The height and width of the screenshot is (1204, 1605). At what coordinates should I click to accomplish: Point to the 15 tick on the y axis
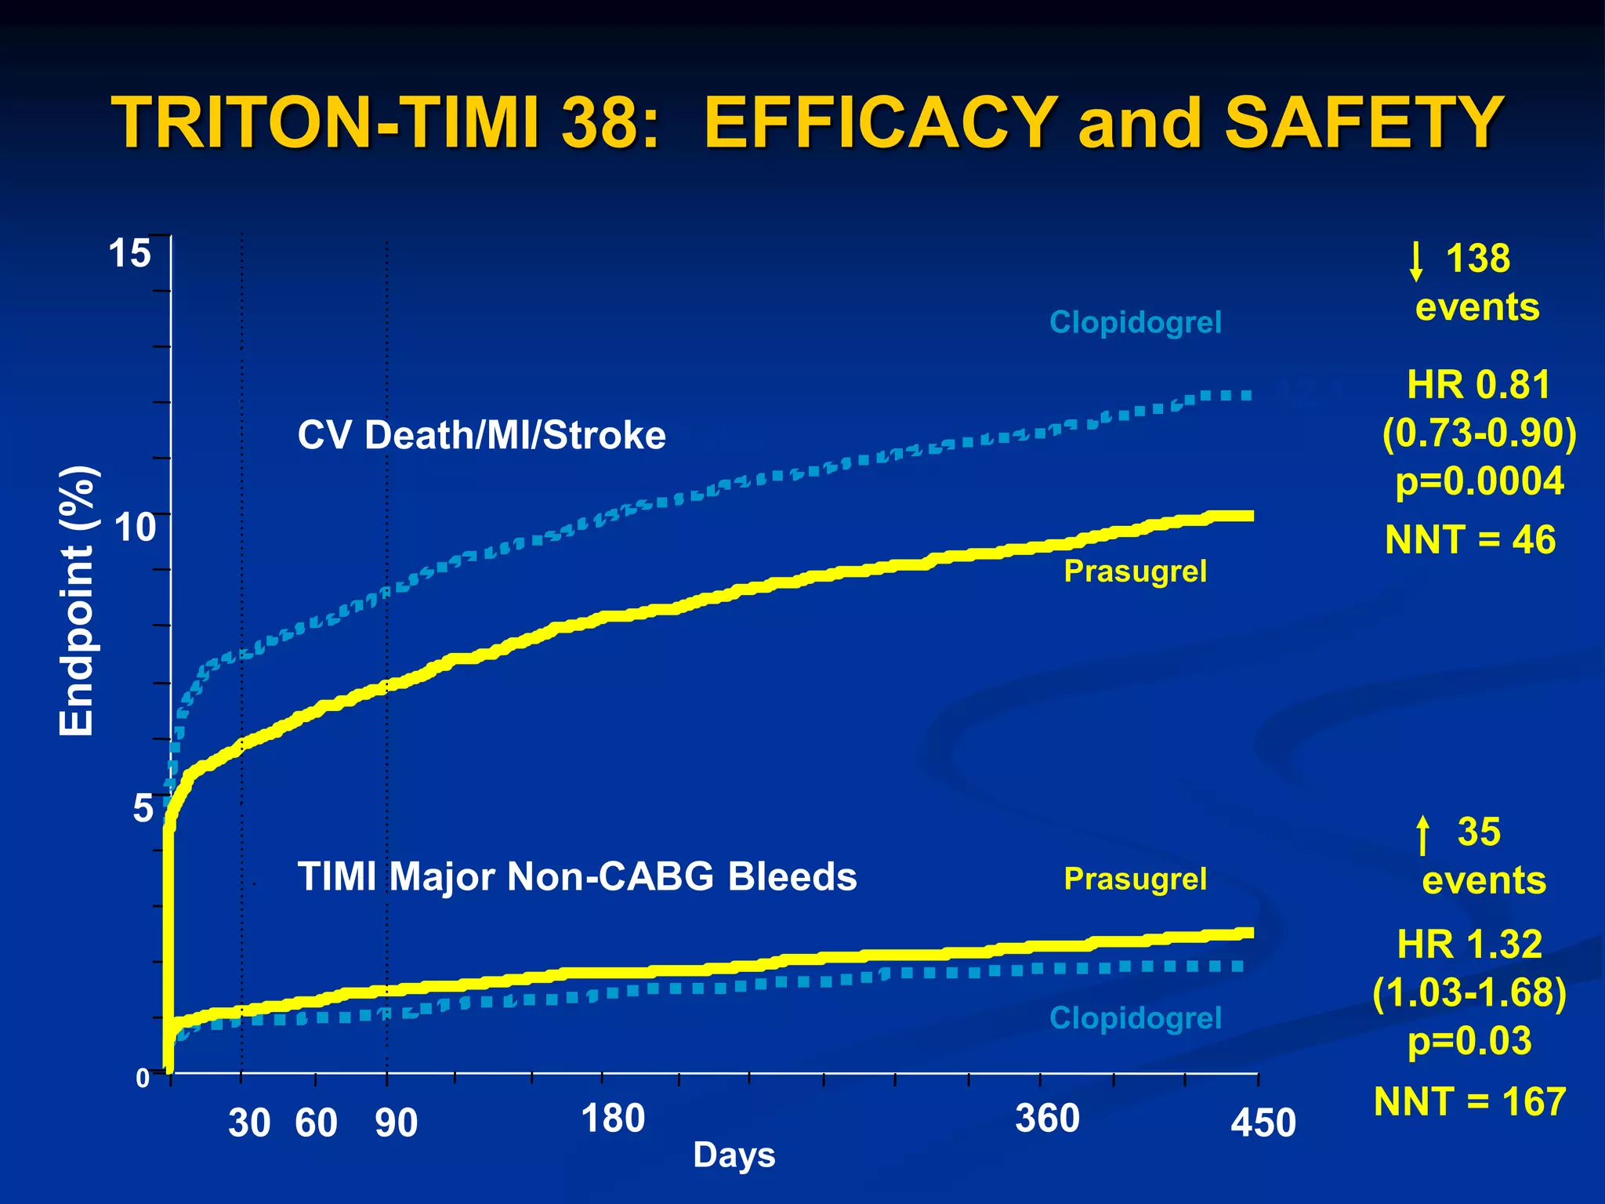coord(129,253)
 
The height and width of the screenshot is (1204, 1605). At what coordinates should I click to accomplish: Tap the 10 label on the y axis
coord(136,527)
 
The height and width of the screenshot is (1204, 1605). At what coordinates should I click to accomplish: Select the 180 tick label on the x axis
coord(613,1118)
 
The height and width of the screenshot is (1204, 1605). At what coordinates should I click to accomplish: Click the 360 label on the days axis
coord(1048,1118)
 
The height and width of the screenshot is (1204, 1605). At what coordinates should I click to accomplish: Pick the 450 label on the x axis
coord(1263,1122)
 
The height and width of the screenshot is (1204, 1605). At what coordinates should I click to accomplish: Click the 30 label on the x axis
coord(249,1122)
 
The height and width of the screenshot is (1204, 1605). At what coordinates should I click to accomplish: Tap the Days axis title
coord(734,1155)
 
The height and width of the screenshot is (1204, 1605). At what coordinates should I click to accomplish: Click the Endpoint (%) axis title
coord(78,601)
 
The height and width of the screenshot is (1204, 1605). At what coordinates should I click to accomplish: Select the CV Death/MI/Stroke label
coord(481,435)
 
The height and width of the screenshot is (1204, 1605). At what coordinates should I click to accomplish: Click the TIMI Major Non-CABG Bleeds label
coord(577,876)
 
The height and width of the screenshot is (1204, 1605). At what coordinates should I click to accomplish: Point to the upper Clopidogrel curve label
coord(1135,322)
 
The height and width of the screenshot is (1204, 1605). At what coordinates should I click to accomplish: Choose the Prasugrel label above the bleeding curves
coord(1135,879)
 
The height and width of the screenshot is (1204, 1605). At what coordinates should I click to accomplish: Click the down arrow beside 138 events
coord(1415,260)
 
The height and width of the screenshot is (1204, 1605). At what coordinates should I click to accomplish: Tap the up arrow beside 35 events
coord(1423,835)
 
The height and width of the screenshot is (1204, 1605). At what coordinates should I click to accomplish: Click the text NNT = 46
coord(1470,539)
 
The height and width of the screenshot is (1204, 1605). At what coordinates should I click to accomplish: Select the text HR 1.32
coord(1469,944)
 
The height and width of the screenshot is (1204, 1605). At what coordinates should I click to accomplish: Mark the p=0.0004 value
coord(1480,481)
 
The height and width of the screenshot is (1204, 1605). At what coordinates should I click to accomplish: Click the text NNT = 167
coord(1469,1101)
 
